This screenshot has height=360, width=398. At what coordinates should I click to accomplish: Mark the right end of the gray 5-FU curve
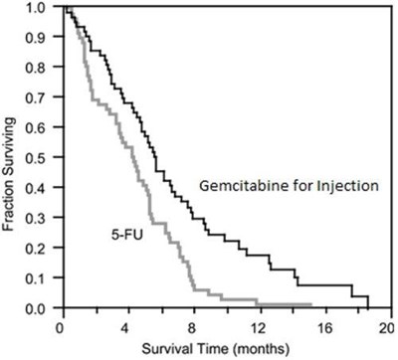click(x=310, y=304)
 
